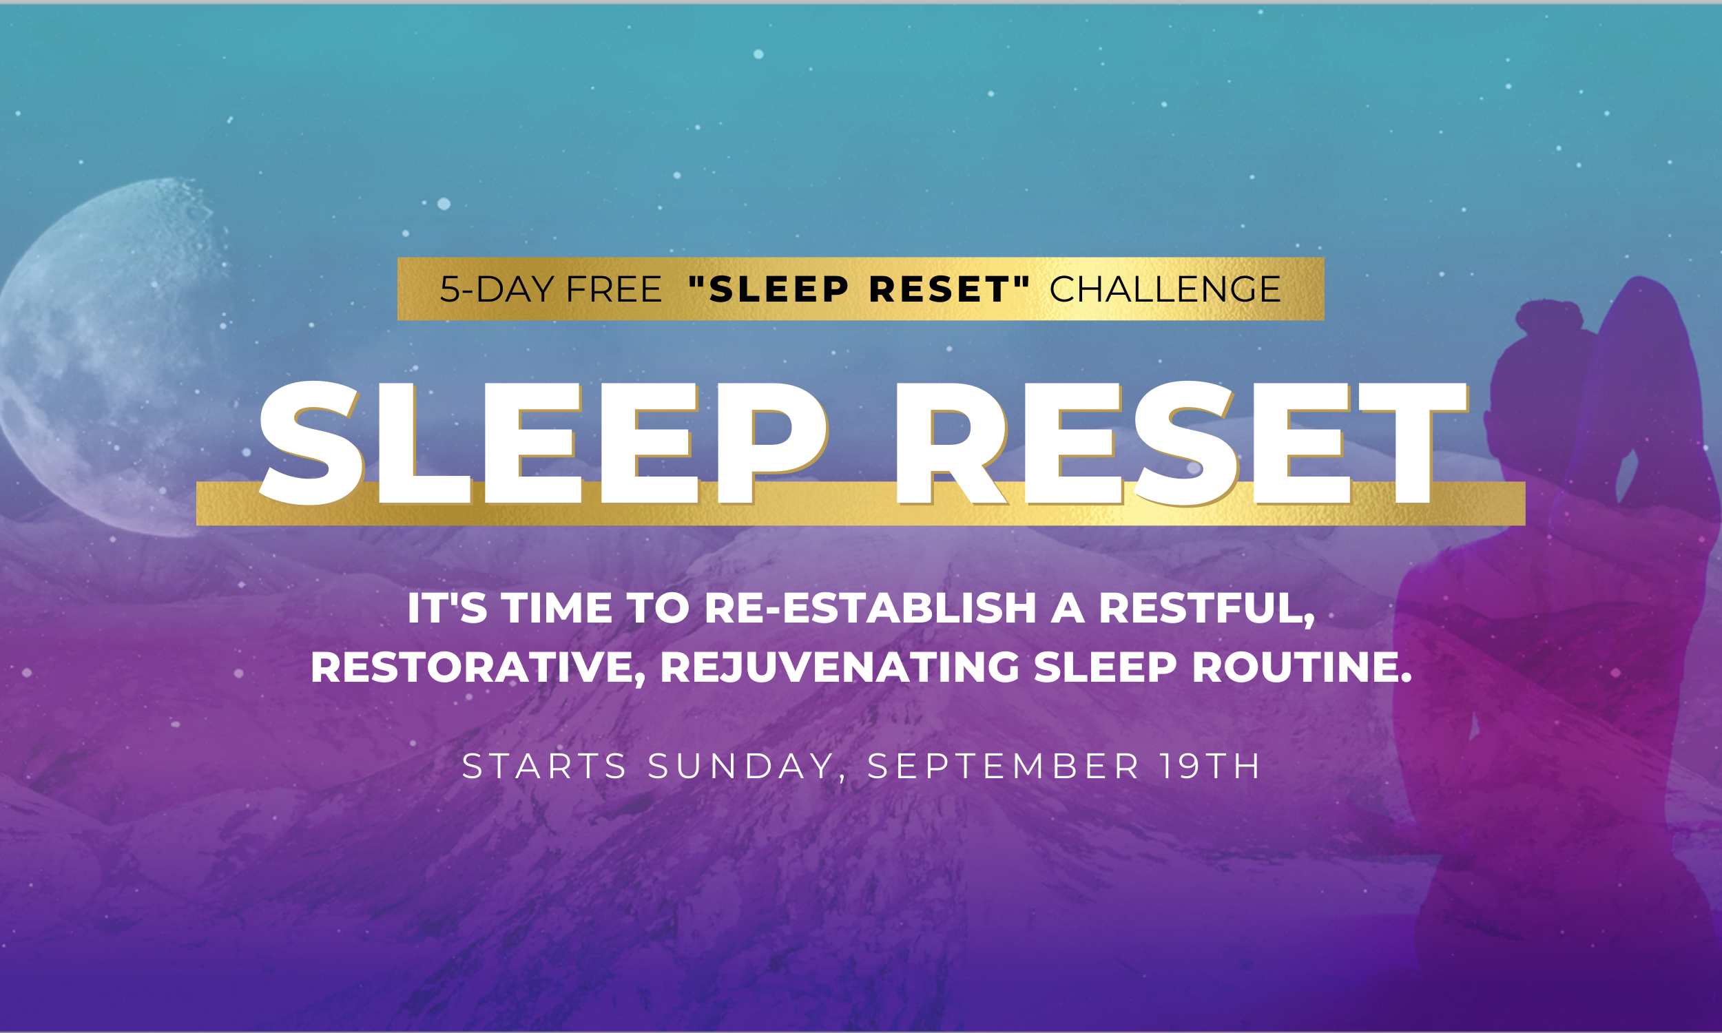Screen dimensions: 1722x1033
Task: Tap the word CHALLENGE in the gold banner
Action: (x=1165, y=289)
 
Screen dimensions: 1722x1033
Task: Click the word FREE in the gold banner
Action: (x=614, y=289)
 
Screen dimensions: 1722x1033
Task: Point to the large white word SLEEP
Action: (x=543, y=444)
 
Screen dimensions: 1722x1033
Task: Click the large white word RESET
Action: (x=1182, y=444)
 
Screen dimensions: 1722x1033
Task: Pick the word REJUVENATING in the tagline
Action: (x=840, y=667)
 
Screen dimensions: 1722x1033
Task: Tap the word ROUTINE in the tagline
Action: (x=1302, y=667)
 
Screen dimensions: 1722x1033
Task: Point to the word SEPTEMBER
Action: (x=1003, y=766)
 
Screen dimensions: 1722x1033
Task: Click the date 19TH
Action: (x=1210, y=766)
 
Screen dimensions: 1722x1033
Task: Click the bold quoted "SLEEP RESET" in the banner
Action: (x=859, y=289)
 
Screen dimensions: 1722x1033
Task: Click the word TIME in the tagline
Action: (x=557, y=608)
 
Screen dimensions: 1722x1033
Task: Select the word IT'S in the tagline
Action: (x=448, y=608)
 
